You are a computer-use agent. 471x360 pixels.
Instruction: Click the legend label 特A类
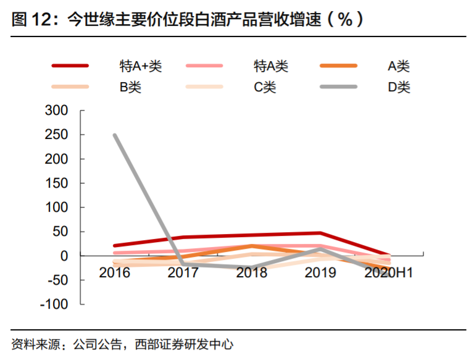[271, 66]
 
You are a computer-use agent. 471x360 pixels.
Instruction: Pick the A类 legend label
[399, 66]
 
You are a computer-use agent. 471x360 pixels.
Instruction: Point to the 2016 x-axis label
[115, 272]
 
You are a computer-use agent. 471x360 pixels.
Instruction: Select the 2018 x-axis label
[252, 272]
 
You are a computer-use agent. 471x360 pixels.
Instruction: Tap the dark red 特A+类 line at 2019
[320, 233]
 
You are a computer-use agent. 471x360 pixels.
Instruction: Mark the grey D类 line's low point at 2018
[252, 268]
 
